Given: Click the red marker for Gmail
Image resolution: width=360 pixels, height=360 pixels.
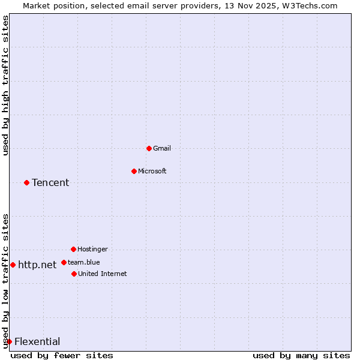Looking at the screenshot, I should (149, 148).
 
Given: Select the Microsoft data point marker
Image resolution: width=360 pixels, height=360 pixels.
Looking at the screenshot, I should (134, 171).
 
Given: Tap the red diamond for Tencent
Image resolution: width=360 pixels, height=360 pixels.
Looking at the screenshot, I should (26, 182).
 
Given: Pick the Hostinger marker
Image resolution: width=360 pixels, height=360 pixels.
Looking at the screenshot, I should (73, 249).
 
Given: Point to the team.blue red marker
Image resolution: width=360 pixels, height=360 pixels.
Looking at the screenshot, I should (64, 262).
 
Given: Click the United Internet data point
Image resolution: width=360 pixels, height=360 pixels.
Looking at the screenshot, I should (74, 274).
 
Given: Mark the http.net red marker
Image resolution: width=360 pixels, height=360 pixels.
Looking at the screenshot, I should (13, 265).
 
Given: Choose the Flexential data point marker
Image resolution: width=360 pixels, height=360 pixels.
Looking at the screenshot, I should (9, 341).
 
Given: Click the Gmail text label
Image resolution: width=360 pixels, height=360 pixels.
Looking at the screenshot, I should (162, 148).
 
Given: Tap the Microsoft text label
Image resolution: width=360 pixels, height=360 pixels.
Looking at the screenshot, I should (152, 171).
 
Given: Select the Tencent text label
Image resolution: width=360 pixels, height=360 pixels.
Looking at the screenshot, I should (50, 182).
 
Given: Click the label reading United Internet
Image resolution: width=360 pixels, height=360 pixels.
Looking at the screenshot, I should (102, 274).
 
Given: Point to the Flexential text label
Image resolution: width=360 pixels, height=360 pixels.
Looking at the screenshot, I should (37, 341).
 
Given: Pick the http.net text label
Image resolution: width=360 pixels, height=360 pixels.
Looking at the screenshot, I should (37, 265).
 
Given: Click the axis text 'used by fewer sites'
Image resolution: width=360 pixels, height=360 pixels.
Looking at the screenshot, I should (62, 355).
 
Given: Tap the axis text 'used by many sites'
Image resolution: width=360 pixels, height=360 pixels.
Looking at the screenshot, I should (301, 355).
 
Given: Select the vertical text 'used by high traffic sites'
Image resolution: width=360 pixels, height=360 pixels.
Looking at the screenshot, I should (5, 85).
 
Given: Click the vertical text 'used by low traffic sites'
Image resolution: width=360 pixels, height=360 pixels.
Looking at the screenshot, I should (5, 281).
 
